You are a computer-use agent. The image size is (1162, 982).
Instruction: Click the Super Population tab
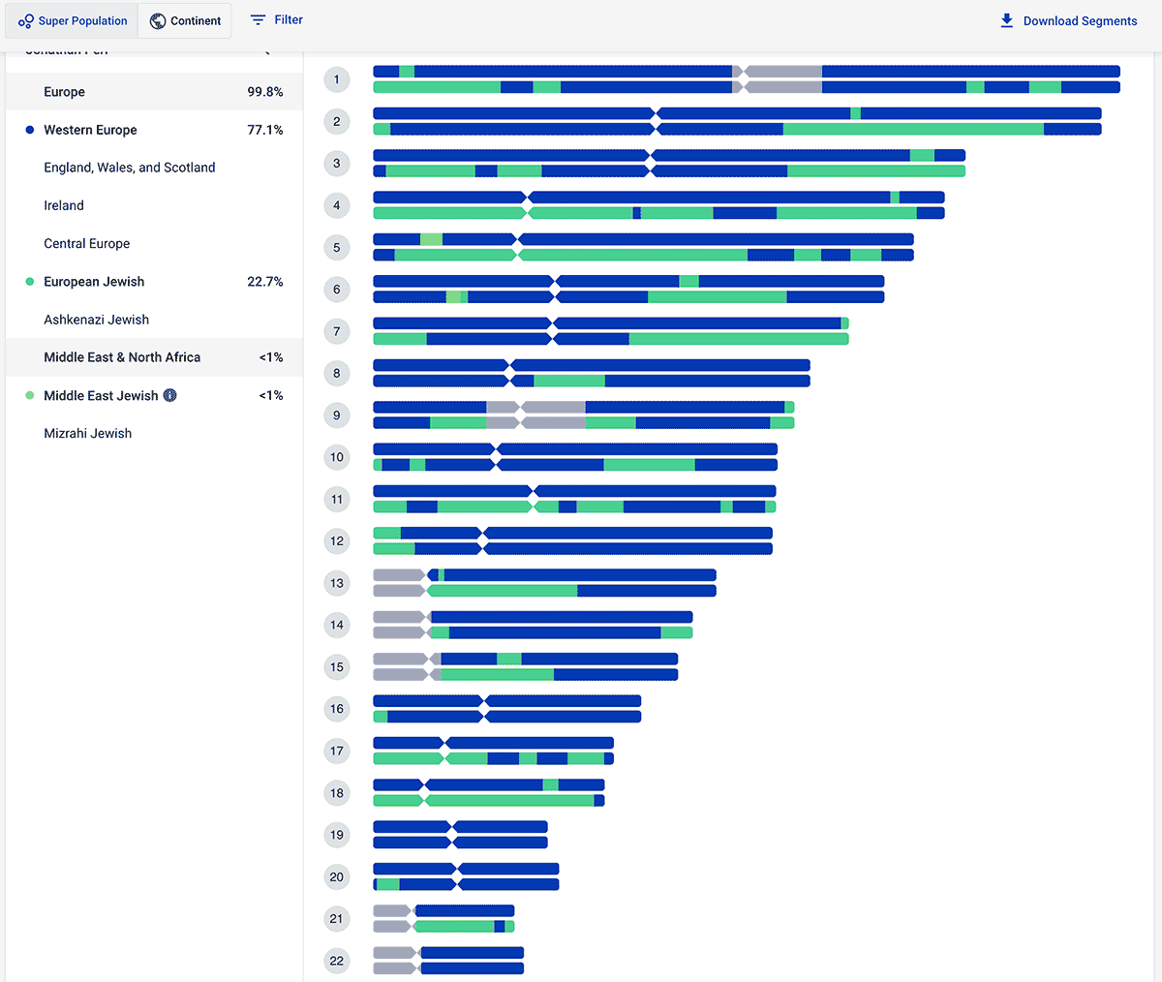click(73, 21)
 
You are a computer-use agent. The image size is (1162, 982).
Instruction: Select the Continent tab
click(185, 21)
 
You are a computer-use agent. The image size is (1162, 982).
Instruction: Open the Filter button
click(276, 19)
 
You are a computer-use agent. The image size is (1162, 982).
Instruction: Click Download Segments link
click(1068, 21)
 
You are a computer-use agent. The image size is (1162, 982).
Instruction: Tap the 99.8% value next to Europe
click(264, 92)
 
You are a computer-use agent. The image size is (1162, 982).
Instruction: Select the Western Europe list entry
click(90, 130)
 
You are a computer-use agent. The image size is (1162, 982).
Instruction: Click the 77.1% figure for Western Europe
click(264, 130)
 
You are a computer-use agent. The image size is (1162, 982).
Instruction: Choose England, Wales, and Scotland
click(130, 168)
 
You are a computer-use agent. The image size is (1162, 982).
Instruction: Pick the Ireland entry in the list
click(64, 205)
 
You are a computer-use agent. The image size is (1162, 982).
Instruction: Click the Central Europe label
click(86, 243)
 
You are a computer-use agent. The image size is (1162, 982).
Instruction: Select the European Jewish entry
click(94, 282)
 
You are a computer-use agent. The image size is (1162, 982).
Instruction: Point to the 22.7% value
click(264, 282)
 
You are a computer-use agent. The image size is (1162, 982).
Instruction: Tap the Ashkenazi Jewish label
click(96, 320)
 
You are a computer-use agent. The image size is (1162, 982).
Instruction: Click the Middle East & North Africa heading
click(122, 357)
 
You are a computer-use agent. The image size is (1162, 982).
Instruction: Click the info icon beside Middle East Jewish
click(170, 395)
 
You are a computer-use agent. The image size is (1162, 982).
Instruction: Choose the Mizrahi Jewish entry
click(87, 433)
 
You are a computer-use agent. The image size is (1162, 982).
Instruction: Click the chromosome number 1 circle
click(337, 79)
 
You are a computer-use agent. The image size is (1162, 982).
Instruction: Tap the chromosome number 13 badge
click(337, 583)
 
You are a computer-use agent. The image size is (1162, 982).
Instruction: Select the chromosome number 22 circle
click(337, 961)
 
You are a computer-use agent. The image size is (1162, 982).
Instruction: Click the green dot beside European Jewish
click(30, 282)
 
